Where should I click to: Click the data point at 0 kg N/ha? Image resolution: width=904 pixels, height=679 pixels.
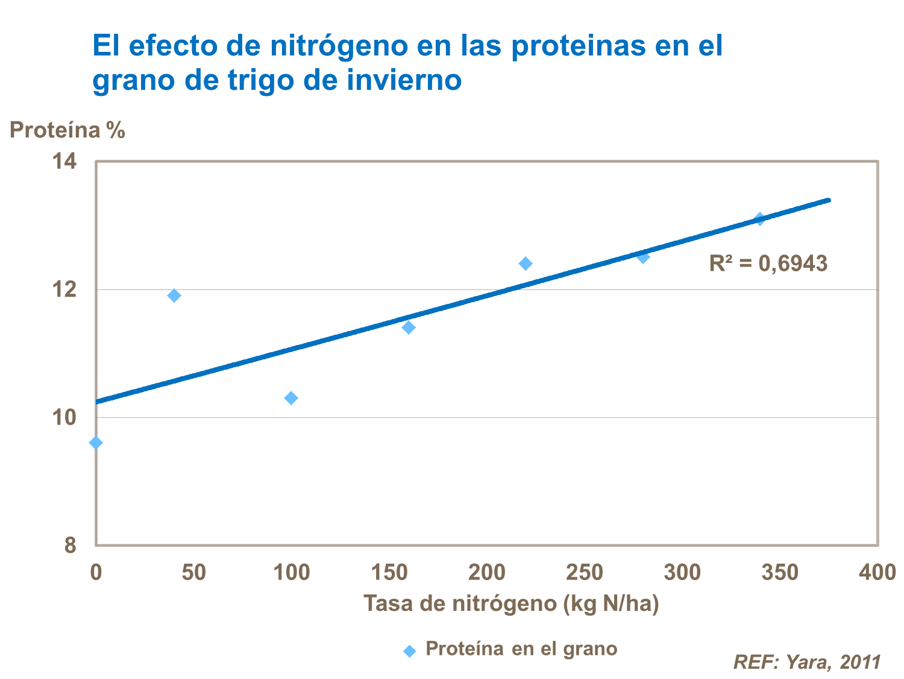tap(96, 443)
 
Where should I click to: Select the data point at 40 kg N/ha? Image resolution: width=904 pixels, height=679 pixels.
tap(174, 295)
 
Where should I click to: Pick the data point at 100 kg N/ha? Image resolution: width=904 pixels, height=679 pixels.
tap(291, 398)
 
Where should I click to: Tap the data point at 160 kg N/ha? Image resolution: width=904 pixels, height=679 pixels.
tap(409, 327)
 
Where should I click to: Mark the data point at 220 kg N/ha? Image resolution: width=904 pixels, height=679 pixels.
tap(526, 264)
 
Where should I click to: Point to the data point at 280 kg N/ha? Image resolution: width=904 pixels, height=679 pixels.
tap(643, 257)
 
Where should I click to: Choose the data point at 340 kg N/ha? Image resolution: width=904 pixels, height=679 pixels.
tap(760, 219)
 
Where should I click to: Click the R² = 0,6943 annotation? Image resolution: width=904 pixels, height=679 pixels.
tap(768, 264)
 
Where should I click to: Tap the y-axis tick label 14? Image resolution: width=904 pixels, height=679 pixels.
tap(64, 161)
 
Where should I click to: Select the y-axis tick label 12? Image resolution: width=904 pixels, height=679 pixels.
tap(64, 289)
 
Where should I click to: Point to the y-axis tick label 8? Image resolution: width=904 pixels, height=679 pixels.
tap(71, 545)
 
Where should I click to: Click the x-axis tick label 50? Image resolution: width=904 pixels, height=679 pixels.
tap(193, 572)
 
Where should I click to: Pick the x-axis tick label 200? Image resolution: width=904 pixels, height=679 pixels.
tap(486, 572)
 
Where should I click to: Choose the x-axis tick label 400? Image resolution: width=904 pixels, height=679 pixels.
tap(877, 572)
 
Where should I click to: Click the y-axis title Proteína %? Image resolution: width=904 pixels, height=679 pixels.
tap(67, 130)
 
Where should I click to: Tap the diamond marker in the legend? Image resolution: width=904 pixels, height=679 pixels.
tap(410, 651)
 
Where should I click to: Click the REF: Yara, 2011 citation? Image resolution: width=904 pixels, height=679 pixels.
tap(807, 662)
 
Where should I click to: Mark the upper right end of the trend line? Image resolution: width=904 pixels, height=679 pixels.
tap(829, 200)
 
